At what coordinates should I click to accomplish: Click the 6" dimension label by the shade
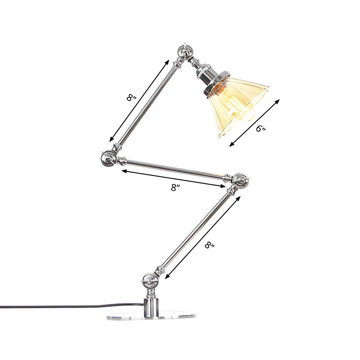click(261, 129)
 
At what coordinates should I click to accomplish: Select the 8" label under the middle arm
click(175, 188)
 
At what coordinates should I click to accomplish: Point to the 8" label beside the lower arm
click(210, 245)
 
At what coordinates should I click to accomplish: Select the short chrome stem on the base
click(151, 305)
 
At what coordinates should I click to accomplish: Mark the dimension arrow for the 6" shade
click(255, 122)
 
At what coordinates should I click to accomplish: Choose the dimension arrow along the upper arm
click(139, 99)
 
